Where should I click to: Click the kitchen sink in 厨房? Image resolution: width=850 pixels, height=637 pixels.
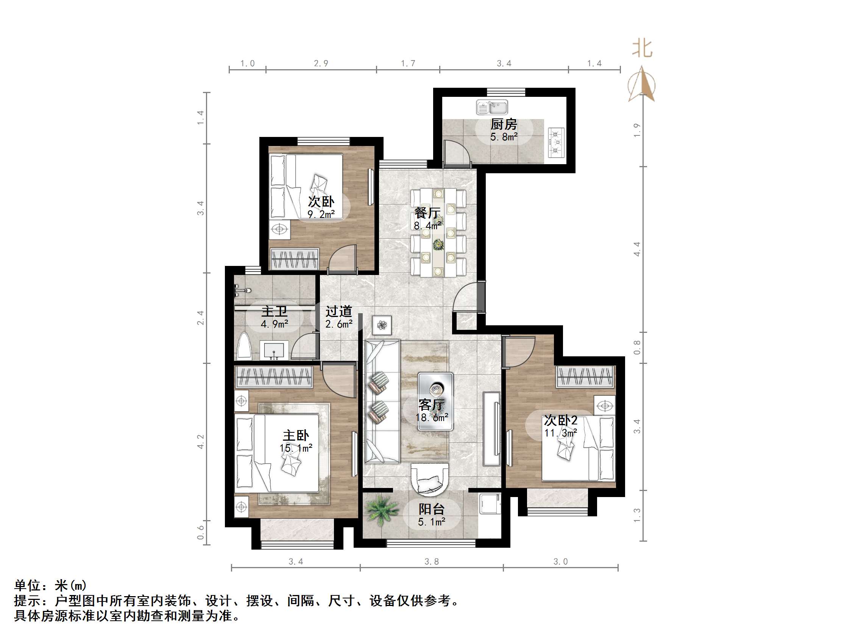(492, 107)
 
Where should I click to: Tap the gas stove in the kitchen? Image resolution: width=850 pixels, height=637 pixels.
(556, 143)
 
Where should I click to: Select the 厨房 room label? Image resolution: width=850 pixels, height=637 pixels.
(504, 124)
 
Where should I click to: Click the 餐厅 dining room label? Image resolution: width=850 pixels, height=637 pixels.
(427, 213)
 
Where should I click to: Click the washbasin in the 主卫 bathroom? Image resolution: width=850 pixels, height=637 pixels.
(274, 350)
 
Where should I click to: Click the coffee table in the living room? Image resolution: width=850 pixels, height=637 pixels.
(435, 401)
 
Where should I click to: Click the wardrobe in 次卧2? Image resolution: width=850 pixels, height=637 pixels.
(585, 376)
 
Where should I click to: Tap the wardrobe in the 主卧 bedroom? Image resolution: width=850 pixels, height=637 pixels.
(274, 376)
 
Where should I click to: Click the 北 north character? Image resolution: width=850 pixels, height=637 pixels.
(642, 49)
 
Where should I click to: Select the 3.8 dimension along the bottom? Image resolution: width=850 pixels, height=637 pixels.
(432, 562)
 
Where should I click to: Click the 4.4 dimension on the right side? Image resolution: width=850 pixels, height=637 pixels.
(637, 249)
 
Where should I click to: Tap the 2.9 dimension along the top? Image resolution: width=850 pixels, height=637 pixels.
(321, 63)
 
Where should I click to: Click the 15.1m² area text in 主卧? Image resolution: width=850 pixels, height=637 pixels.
(295, 448)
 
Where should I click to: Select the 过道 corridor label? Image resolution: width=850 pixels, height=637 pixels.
(338, 311)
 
